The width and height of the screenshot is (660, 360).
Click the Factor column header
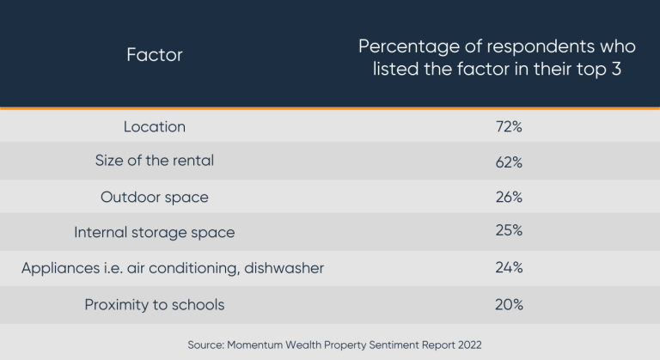tap(155, 56)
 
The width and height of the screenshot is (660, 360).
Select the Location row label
tap(155, 126)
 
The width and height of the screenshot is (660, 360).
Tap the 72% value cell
tap(509, 126)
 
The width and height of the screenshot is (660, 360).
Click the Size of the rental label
tap(155, 162)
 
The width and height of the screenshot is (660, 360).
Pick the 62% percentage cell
tap(509, 162)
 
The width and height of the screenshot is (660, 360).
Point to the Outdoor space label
tap(155, 197)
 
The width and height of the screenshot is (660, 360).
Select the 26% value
tap(509, 197)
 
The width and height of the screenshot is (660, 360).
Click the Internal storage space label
tap(155, 232)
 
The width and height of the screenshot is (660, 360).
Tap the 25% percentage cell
tap(509, 232)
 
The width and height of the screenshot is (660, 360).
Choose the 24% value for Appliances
tap(509, 268)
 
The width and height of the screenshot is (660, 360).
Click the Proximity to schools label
tap(155, 304)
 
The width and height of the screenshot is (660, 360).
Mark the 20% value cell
tap(509, 304)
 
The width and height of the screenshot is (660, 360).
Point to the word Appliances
tap(60, 268)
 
